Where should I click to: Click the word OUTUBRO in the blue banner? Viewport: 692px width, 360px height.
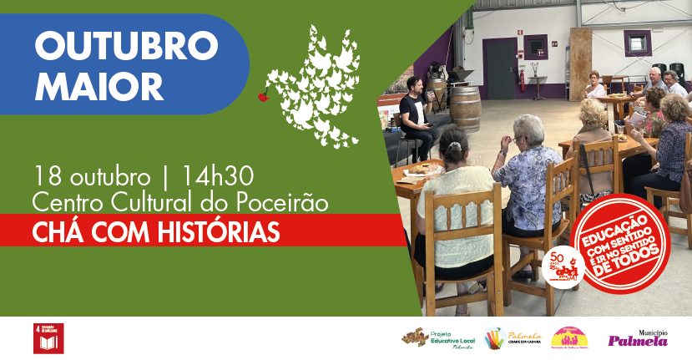[x=125, y=46]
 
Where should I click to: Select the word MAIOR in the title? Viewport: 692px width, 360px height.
[x=98, y=84]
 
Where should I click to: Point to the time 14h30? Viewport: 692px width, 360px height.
[x=212, y=177]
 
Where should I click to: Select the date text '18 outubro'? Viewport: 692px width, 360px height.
[x=92, y=177]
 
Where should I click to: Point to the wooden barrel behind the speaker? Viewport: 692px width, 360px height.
[x=464, y=109]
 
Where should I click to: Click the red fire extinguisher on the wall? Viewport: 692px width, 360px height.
[x=522, y=80]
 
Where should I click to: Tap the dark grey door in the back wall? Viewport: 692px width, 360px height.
[x=500, y=68]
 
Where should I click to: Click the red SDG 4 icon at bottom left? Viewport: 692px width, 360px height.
[x=48, y=337]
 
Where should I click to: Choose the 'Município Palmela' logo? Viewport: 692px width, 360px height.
[x=638, y=337]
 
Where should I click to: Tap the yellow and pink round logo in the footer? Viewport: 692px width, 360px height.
[x=570, y=337]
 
